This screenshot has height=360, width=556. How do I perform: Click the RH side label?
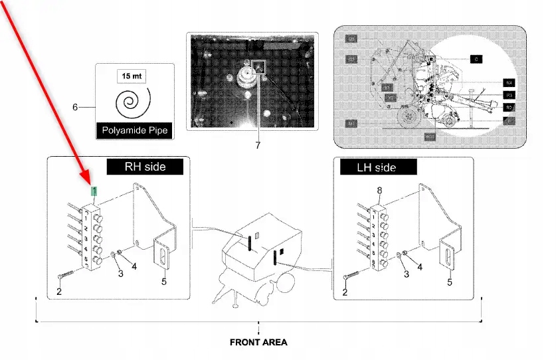145,167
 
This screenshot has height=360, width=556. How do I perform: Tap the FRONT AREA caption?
258,343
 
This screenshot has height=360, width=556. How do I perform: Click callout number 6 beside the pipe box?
75,107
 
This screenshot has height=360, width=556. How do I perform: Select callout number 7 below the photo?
257,144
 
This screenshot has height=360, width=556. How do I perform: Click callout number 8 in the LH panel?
380,191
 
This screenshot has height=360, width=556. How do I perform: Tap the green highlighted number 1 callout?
95,191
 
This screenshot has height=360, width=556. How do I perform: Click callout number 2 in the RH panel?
59,291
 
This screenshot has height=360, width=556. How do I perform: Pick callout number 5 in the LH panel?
449,282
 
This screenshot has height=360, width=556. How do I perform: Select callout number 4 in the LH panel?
418,267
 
